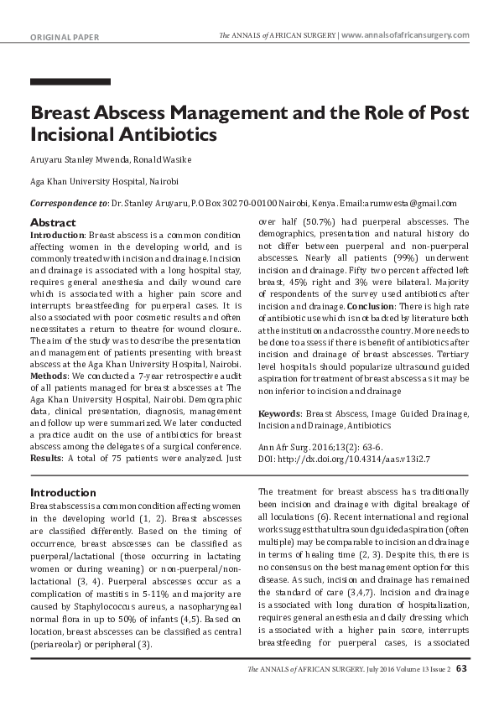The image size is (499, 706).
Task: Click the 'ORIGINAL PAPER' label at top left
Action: click(65, 38)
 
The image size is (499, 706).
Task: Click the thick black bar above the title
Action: click(70, 82)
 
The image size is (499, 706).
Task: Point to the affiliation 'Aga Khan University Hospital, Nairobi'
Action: click(104, 181)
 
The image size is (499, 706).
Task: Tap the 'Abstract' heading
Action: click(53, 222)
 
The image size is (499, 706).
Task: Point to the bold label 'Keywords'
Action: click(279, 413)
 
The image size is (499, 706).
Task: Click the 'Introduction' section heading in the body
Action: click(63, 492)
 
